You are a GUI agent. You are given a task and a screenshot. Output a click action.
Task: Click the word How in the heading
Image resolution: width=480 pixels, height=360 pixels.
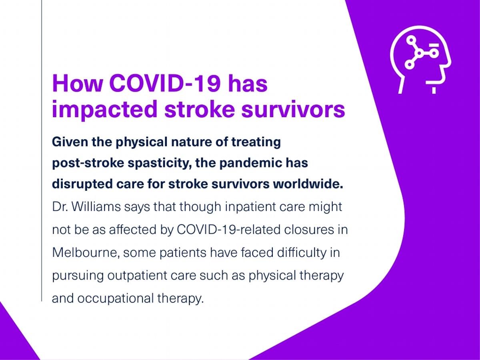[78, 84]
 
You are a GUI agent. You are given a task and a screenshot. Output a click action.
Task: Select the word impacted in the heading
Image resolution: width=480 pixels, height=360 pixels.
[104, 109]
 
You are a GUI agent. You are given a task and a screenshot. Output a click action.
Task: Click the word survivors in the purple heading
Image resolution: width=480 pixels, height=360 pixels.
[293, 109]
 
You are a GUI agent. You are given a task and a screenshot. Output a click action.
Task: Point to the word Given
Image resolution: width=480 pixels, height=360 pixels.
[70, 142]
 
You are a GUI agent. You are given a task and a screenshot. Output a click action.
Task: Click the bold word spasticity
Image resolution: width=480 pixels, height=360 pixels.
[158, 164]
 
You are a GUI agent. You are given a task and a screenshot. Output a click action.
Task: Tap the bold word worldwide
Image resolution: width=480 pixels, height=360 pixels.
[308, 184]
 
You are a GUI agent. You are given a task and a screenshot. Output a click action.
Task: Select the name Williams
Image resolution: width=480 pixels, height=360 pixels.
[96, 206]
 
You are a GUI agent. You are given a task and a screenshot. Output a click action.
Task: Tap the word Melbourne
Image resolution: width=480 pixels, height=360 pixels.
[86, 253]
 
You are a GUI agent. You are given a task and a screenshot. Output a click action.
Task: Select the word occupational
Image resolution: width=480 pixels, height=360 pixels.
[116, 299]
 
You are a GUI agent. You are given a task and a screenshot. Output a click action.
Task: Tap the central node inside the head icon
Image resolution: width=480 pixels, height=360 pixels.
[419, 53]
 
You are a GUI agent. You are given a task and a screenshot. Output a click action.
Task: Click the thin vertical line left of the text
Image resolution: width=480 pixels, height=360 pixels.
[42, 151]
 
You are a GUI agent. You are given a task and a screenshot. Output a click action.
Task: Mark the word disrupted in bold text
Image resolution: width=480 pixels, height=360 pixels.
[82, 184]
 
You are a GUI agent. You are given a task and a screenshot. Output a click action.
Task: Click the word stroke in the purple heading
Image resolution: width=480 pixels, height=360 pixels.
[200, 109]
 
